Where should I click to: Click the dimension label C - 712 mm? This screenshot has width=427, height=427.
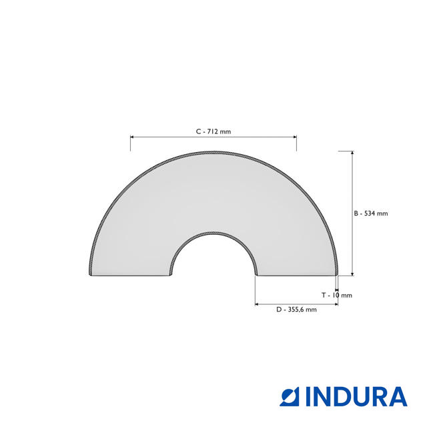(x=213, y=131)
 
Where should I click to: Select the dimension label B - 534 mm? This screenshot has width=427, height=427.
(x=371, y=213)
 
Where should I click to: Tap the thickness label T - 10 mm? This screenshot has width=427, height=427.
(x=337, y=295)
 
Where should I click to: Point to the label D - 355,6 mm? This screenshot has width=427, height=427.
(x=296, y=310)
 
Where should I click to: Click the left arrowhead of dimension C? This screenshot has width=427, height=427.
(x=132, y=137)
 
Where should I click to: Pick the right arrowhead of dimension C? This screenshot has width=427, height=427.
(x=295, y=137)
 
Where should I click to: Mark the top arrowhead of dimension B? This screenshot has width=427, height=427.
(x=352, y=153)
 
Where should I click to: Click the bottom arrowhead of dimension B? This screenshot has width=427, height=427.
(x=352, y=274)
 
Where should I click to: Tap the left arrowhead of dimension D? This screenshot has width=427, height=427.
(x=257, y=304)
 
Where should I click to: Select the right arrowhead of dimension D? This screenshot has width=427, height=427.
(x=336, y=304)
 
